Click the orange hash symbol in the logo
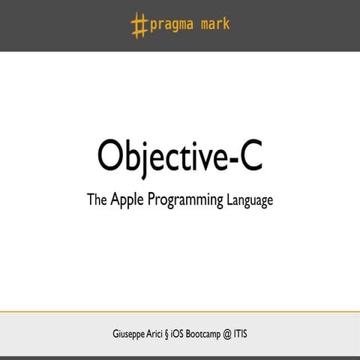tap(139, 25)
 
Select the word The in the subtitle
tap(97, 200)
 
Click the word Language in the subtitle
tap(249, 202)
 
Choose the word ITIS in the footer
tap(259, 333)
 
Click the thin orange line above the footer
tap(180, 310)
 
